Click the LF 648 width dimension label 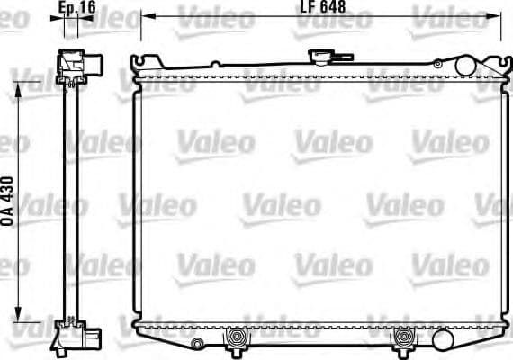pos(321,8)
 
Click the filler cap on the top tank pos(321,57)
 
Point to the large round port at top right pos(464,66)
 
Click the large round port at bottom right pos(442,339)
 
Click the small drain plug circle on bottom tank pos(197,342)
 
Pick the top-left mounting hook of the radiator pos(138,63)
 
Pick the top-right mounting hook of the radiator pos(494,62)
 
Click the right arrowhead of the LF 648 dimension pos(496,17)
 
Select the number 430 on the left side pos(10,191)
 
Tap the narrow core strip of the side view pos(70,198)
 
